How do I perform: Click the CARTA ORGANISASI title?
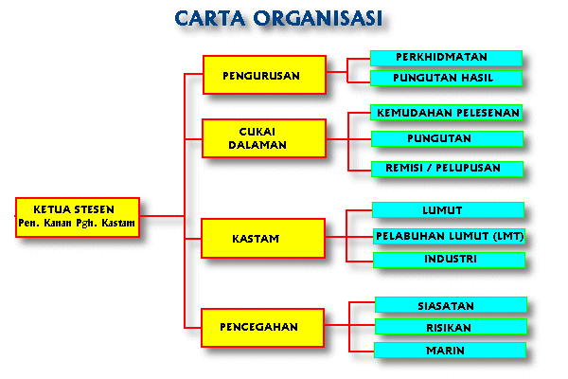(278, 18)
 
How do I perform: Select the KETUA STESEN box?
(78, 217)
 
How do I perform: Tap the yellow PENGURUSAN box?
(264, 75)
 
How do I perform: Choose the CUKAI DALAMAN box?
(264, 138)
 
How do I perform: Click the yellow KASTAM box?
(263, 238)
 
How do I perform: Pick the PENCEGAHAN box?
(262, 328)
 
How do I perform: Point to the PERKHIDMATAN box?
(446, 58)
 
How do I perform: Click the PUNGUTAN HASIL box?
(446, 78)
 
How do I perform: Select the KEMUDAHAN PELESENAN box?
(446, 113)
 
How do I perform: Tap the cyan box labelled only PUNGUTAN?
(447, 138)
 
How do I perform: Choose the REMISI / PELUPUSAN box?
(447, 169)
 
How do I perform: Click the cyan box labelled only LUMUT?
(448, 210)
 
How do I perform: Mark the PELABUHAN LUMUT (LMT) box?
(449, 236)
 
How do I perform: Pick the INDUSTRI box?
(449, 260)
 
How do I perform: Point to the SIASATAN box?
(451, 305)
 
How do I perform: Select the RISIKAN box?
(451, 326)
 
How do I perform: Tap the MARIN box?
(450, 350)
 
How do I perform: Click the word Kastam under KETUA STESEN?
(118, 223)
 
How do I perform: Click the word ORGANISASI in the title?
(318, 18)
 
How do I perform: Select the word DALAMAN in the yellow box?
(257, 145)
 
